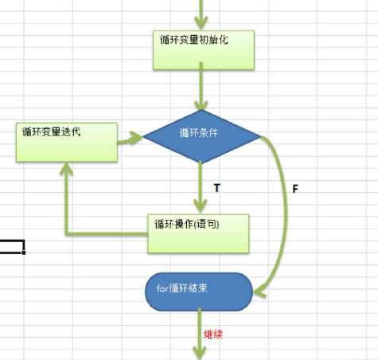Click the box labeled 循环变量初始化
[203, 49]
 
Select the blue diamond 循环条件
[202, 137]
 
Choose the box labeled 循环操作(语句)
[198, 232]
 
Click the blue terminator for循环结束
[198, 291]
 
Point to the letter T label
[216, 187]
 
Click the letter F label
[295, 190]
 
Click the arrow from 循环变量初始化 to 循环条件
[203, 88]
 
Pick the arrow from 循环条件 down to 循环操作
[202, 187]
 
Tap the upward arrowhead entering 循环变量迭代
[66, 169]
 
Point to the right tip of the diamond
[259, 138]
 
